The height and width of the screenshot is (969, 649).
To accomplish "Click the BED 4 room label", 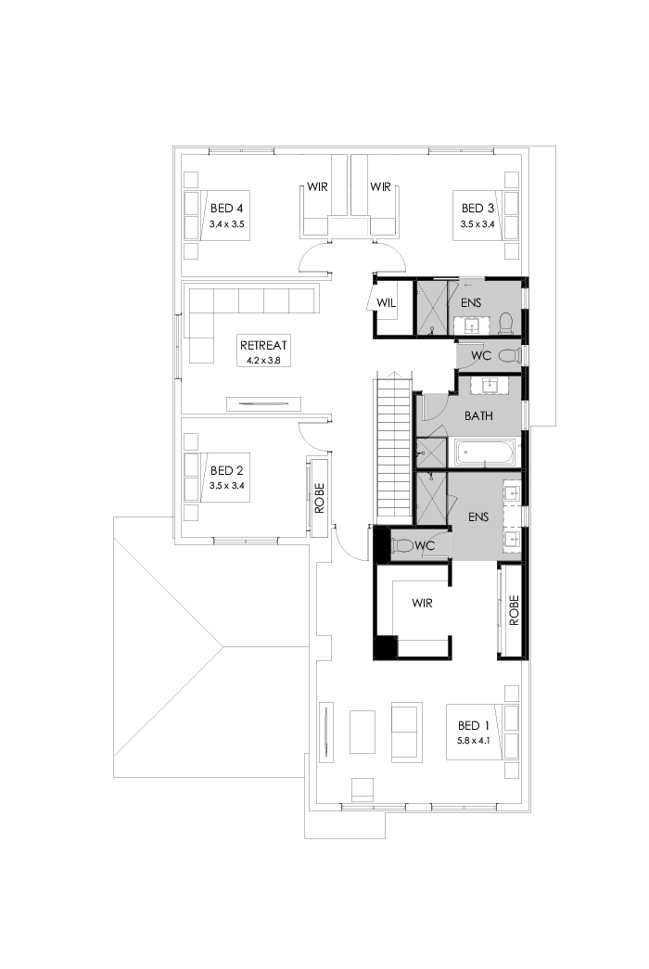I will coord(227,208).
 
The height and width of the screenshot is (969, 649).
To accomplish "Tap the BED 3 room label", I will coord(477,208).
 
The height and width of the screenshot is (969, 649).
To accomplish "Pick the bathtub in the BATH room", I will coord(486,454).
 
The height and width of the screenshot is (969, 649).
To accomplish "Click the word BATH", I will coord(478,416).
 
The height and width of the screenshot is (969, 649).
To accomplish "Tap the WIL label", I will coord(387,301).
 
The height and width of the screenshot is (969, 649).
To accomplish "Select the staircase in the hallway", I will coord(393,445).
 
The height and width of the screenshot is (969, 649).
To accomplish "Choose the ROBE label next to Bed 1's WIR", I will coord(512,607).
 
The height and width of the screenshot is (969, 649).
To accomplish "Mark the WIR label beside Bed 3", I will coord(380,187).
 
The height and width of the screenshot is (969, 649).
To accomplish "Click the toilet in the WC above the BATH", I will coord(509,355).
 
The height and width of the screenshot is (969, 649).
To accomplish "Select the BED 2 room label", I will coord(227,470).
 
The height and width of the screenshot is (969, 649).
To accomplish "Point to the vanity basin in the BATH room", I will coord(487,386).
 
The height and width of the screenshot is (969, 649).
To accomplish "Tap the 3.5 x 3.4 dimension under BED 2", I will coord(227,485).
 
